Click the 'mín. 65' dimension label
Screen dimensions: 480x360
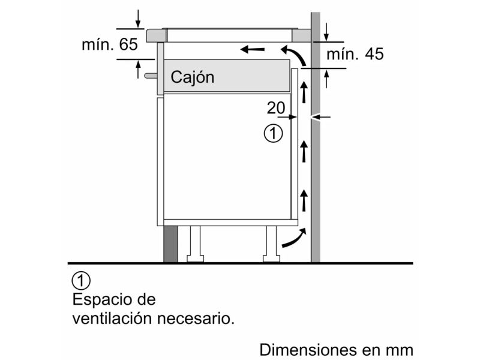[110, 44]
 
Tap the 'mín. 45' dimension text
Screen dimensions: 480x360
[355, 54]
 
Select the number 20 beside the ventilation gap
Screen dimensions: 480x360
[276, 108]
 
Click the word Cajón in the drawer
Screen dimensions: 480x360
[192, 77]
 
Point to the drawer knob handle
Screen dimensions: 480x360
[151, 76]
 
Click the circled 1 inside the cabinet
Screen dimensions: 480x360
[274, 133]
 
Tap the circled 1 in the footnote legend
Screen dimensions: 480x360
[81, 280]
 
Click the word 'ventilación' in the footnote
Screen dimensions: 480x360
[112, 319]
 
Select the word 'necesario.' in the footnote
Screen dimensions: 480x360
[196, 319]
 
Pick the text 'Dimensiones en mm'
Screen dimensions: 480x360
[336, 350]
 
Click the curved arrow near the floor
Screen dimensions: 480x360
[294, 238]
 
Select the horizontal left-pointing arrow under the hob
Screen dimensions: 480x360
[252, 49]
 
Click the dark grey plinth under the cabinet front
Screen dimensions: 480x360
[170, 244]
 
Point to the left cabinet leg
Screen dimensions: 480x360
[196, 244]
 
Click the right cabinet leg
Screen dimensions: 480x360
[271, 244]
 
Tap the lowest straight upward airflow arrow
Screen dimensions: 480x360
[304, 200]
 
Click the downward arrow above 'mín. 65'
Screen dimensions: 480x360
[138, 19]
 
